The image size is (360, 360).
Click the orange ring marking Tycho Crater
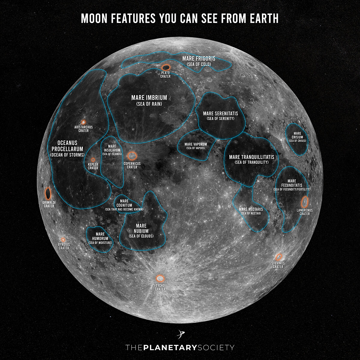point(160,278)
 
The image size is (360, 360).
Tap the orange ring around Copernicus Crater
point(132,156)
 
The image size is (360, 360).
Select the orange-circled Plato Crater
point(166,68)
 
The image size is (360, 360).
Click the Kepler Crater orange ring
point(93,160)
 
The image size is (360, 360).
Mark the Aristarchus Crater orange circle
point(83,122)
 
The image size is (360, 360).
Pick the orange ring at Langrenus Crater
point(305,201)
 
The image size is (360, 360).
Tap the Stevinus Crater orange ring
point(279,257)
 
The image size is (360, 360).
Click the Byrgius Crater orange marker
point(63,240)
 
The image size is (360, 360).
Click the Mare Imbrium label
point(149,98)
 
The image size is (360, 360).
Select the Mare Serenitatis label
point(220,114)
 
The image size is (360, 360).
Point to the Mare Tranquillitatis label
point(251,157)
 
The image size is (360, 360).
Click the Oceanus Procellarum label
point(67,146)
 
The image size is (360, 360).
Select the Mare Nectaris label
point(251,209)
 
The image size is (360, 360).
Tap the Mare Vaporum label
point(196,144)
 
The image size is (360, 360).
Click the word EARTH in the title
point(264,19)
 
